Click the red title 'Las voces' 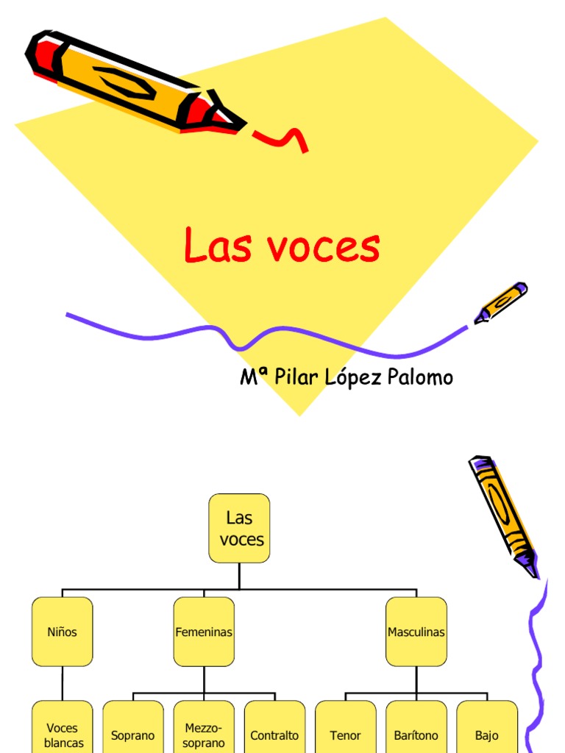[x=282, y=247]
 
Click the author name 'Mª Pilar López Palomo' [x=347, y=377]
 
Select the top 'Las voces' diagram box [x=239, y=528]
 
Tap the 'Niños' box [x=63, y=632]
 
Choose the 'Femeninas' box [x=204, y=632]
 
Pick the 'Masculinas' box [x=416, y=632]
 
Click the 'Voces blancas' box [x=63, y=732]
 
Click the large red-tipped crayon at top [x=132, y=82]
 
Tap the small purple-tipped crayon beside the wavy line [x=501, y=301]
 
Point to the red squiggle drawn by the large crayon [x=283, y=138]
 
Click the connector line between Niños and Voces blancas [x=63, y=683]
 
